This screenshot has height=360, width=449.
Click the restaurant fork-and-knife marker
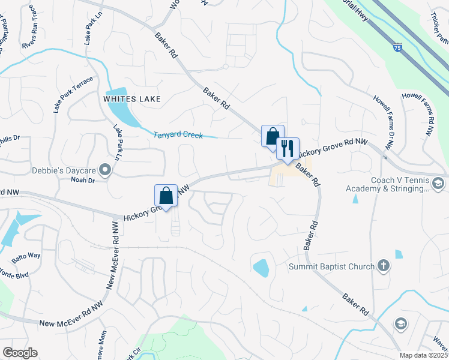tap(288, 148)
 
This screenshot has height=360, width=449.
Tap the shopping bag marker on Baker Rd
tap(273, 135)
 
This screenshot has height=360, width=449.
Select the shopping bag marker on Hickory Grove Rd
tap(166, 194)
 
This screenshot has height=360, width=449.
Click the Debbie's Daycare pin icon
tap(106, 171)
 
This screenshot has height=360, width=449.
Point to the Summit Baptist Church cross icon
tap(384, 266)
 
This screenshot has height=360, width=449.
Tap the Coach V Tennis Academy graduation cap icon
tap(438, 183)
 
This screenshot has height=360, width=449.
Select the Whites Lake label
tap(132, 99)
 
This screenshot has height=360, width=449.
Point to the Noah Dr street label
tap(83, 180)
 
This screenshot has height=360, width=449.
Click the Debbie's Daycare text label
tap(65, 170)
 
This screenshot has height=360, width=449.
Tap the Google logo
tap(20, 353)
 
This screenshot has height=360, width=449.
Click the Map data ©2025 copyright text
tap(423, 355)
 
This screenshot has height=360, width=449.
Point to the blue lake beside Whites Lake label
tap(122, 111)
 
